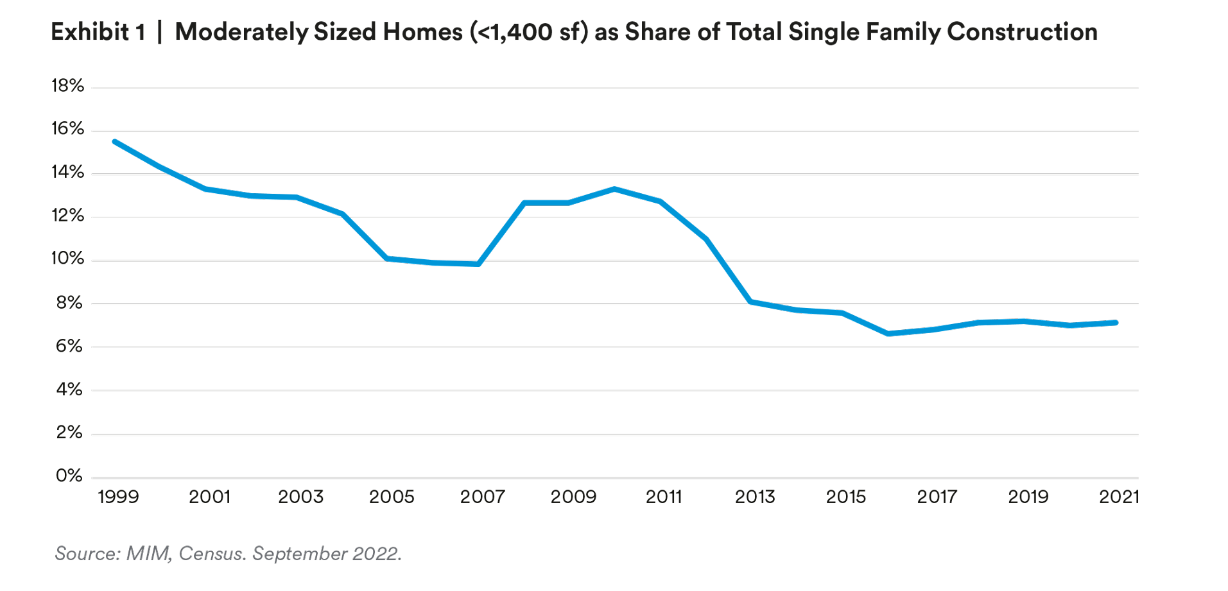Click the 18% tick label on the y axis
point(67,86)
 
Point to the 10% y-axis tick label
point(67,259)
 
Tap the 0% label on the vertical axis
point(69,475)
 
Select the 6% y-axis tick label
point(69,347)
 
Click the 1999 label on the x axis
point(118,497)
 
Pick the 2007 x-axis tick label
point(482,497)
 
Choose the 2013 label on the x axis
point(755,497)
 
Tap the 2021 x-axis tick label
point(1118,497)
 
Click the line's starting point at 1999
point(114,141)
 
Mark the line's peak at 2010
point(614,189)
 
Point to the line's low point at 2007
point(478,264)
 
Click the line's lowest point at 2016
point(888,334)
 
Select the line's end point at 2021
point(1116,323)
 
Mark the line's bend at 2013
point(751,302)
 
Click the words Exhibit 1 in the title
point(98,31)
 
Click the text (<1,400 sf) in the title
point(529,31)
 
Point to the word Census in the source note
point(211,553)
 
